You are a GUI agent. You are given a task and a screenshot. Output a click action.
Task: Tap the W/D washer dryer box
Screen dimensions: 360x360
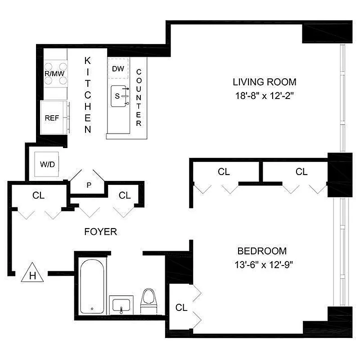click(x=47, y=164)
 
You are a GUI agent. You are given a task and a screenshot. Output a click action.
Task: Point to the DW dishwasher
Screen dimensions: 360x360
click(x=118, y=68)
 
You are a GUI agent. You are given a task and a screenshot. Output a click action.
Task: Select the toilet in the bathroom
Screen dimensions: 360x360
click(x=148, y=301)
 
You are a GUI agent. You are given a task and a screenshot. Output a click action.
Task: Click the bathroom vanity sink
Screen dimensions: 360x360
click(x=121, y=306)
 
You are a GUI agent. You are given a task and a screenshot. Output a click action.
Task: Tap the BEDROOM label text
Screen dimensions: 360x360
click(x=262, y=251)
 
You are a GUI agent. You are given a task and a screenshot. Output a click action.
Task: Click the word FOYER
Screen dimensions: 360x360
click(x=101, y=232)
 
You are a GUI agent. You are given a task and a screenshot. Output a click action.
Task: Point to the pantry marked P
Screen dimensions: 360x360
click(x=88, y=184)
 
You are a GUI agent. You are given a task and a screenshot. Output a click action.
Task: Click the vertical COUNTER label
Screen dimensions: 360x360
click(x=139, y=97)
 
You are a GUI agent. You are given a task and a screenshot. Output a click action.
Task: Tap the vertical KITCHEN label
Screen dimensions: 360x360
click(x=88, y=95)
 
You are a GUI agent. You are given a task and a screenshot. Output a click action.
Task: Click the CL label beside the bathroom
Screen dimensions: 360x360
click(x=181, y=308)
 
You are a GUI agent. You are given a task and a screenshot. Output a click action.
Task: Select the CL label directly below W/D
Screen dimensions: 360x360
click(x=38, y=195)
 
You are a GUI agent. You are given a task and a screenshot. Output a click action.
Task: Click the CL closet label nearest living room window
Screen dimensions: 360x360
click(x=301, y=171)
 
